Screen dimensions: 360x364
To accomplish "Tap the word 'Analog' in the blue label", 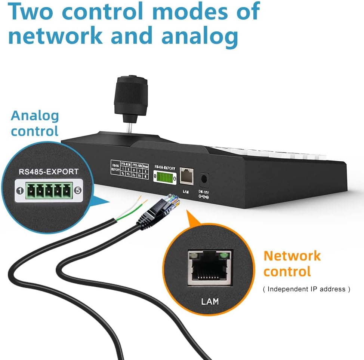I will pos(35,116).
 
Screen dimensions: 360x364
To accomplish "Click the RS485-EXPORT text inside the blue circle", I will pos(49,172).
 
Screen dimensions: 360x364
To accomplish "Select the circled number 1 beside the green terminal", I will pos(18,190).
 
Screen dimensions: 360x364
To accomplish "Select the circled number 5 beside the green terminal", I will pos(78,190).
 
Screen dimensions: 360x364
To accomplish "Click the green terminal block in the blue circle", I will pos(48,191).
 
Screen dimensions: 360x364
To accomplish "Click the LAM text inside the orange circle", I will pos(209,301).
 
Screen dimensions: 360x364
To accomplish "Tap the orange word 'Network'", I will pos(292,256).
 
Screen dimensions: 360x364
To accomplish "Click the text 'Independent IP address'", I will pos(306,289).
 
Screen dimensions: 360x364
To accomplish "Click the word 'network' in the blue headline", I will pos(55,36).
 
